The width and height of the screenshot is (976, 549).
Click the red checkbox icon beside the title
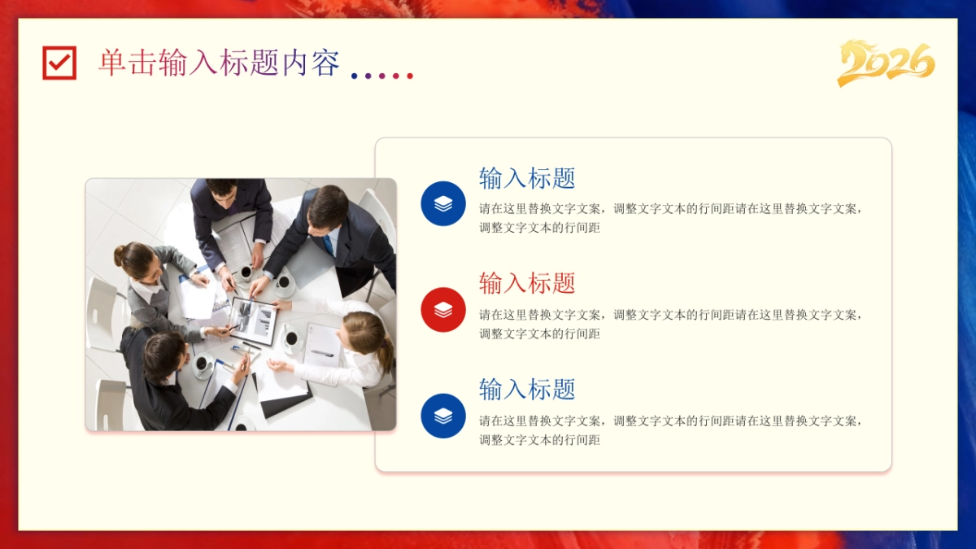coord(59,63)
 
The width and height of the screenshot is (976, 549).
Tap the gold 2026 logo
coord(886,63)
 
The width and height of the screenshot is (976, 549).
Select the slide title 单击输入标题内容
coord(219,63)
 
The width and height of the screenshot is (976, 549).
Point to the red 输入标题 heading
coord(527,284)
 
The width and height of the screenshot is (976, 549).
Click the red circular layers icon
coord(443,310)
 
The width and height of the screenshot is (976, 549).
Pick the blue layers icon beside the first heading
coord(443,203)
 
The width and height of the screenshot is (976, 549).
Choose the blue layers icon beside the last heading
coord(443,416)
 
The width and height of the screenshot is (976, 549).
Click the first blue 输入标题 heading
coord(527,178)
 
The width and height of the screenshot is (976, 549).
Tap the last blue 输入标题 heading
coord(527,390)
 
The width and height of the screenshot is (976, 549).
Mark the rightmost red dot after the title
coord(410,76)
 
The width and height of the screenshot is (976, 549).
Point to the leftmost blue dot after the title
coord(355,76)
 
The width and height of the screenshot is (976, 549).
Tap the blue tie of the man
coord(329,244)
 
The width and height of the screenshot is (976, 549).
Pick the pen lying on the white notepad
coord(322,352)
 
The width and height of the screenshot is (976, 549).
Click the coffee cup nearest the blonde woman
coord(290,339)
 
